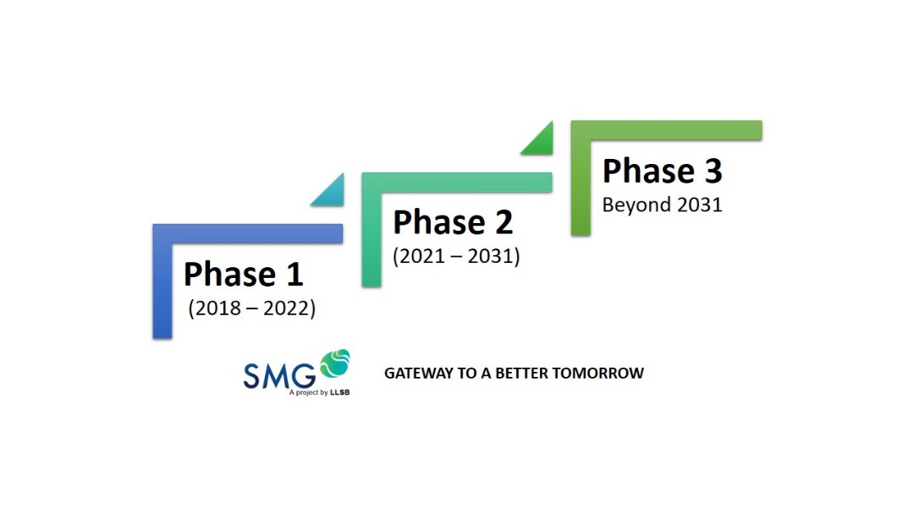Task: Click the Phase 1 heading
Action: pyautogui.click(x=244, y=275)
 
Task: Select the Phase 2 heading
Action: pyautogui.click(x=453, y=223)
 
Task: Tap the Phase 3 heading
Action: pyautogui.click(x=662, y=172)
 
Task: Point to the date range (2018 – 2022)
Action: pyautogui.click(x=252, y=308)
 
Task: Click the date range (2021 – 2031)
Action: pyautogui.click(x=456, y=256)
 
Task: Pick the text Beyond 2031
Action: pyautogui.click(x=662, y=205)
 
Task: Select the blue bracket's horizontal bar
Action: pyautogui.click(x=248, y=233)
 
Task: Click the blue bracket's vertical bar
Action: pyautogui.click(x=162, y=281)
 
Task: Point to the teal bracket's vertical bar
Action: pyautogui.click(x=372, y=229)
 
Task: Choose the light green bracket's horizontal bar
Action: pyautogui.click(x=666, y=130)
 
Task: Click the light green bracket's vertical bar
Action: pyautogui.click(x=581, y=178)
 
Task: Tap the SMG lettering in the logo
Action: pyautogui.click(x=279, y=375)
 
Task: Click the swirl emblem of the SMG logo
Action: pyautogui.click(x=334, y=363)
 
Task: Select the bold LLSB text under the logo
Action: pyautogui.click(x=340, y=392)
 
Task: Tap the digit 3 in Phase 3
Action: pyautogui.click(x=713, y=172)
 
